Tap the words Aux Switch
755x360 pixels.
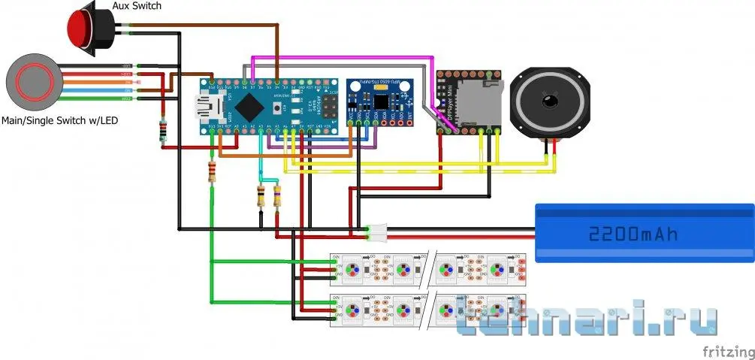coord(137,6)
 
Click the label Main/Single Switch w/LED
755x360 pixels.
coord(60,119)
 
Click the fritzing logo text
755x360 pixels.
coord(726,351)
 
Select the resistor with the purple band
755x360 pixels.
coord(277,197)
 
